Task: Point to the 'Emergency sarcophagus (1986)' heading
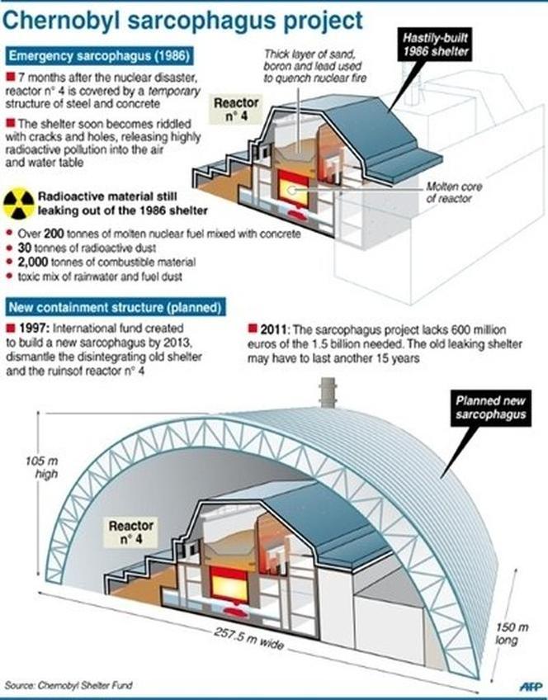[x=99, y=57]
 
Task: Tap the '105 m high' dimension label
[x=26, y=466]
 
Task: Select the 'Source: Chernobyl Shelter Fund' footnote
[x=69, y=685]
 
